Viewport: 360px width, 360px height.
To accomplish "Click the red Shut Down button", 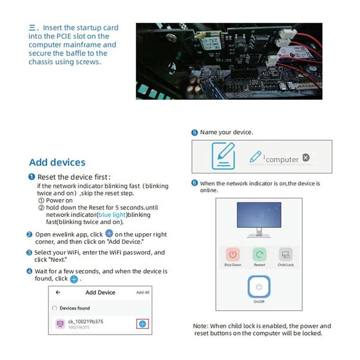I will click(233, 255).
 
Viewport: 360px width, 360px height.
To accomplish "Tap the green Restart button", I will click(259, 255).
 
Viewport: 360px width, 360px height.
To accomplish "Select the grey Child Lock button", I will click(285, 255).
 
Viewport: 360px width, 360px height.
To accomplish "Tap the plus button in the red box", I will click(143, 324).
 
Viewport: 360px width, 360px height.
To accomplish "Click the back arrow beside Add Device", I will click(58, 292).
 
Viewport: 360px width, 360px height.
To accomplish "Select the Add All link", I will click(143, 292).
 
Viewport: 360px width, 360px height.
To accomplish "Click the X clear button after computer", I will click(306, 157).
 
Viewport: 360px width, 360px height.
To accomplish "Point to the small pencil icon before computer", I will click(255, 157).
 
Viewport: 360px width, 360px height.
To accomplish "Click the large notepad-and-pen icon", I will click(223, 155).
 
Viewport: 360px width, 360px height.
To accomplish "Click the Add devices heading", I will click(57, 162).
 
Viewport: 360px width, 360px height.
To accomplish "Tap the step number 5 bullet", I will click(194, 133).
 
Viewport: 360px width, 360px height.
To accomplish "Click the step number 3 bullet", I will click(30, 253).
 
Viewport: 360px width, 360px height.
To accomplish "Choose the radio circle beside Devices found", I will click(54, 308).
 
